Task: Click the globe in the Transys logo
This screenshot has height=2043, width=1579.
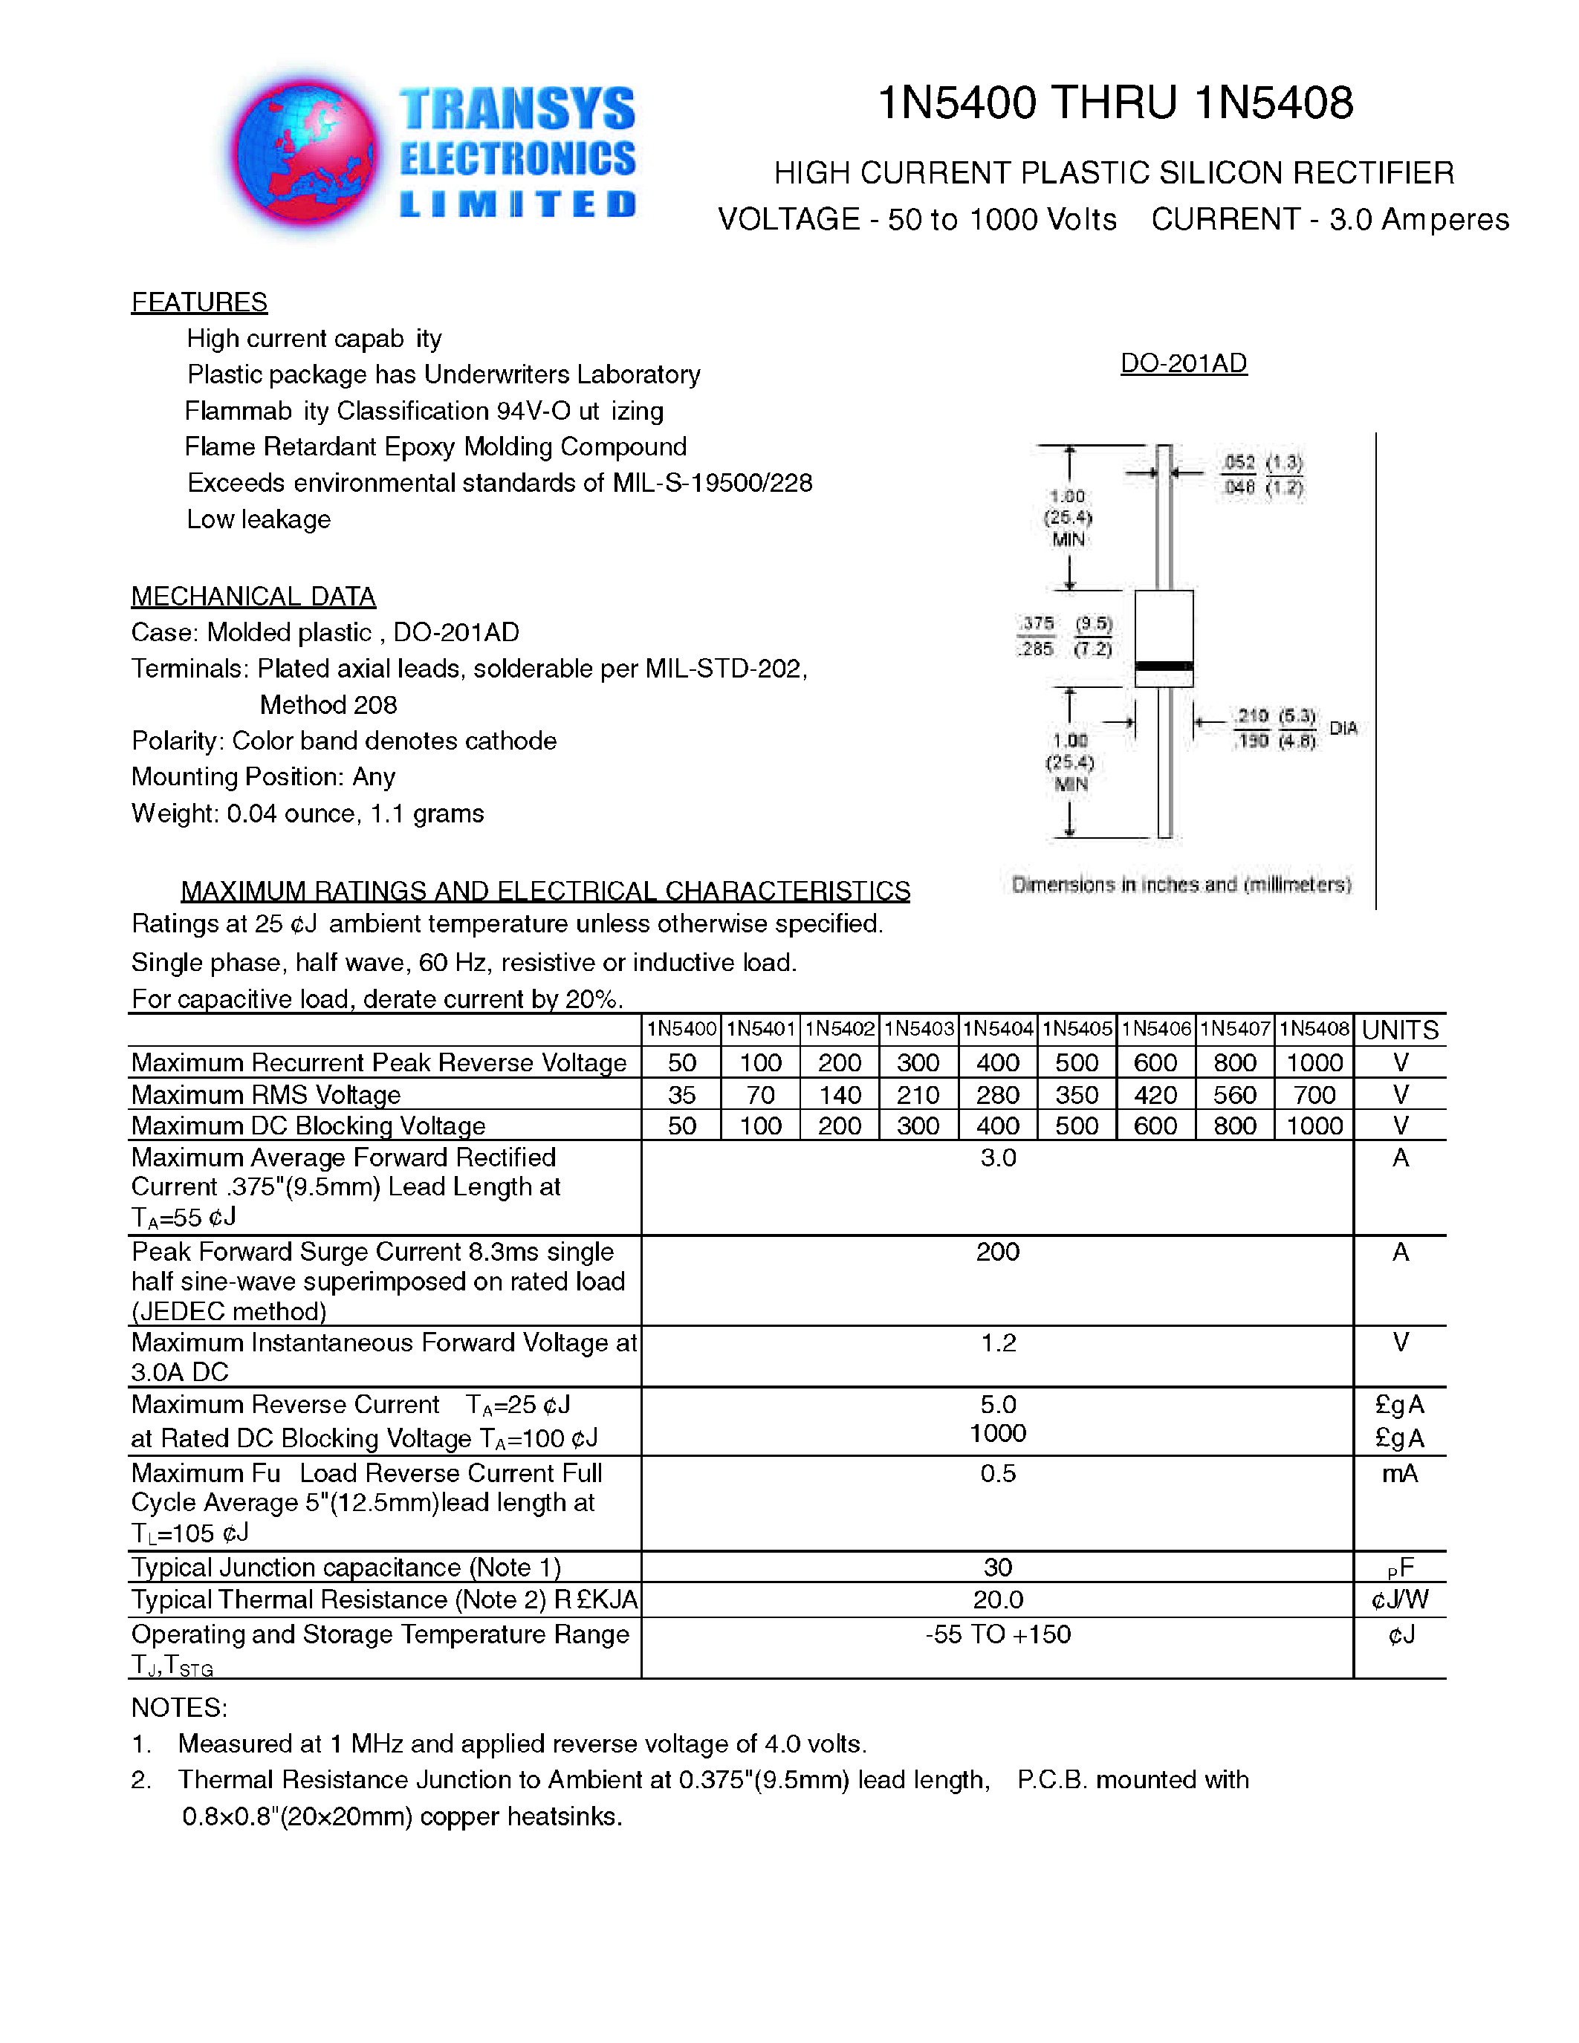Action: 306,152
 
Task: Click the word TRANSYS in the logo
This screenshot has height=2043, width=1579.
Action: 517,108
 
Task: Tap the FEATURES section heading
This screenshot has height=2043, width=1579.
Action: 199,302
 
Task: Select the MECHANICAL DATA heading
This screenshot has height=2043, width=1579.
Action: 253,596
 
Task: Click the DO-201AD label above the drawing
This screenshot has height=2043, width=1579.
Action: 1183,363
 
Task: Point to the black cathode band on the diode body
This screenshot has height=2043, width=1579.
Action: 1164,666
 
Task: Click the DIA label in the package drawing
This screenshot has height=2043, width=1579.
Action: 1343,728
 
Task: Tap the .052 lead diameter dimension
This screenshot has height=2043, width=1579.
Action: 1239,462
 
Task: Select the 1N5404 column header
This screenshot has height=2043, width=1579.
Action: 998,1029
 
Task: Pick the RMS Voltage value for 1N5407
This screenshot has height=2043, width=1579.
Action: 1235,1094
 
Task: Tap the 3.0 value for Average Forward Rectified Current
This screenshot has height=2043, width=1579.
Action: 998,1158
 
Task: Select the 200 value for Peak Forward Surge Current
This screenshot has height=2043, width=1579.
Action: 998,1252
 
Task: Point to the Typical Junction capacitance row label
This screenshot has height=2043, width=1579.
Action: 346,1567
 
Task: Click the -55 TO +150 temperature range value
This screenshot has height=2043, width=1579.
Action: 998,1634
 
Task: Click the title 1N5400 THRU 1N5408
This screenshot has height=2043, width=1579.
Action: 1115,103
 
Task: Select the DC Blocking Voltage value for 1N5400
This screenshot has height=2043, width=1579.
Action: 682,1126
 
